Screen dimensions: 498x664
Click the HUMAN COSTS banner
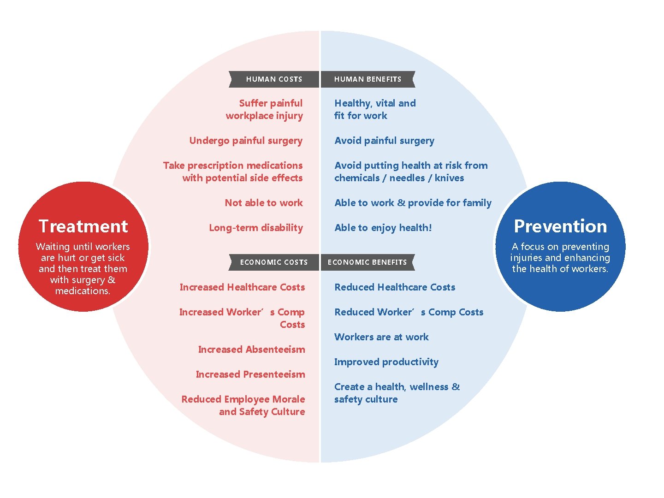[274, 79]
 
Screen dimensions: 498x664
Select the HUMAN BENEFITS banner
[368, 79]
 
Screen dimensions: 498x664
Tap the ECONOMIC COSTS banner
[274, 262]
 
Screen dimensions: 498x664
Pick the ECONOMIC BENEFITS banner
[368, 262]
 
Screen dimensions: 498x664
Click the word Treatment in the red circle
[83, 226]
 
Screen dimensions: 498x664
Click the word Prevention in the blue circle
[560, 226]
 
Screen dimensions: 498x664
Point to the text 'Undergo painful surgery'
[246, 141]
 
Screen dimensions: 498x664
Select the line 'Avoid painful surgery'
[384, 141]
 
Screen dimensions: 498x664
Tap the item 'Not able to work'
[264, 203]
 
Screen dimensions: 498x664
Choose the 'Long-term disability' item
[256, 228]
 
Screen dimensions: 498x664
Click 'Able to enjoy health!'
[383, 228]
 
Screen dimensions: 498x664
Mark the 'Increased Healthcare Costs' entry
[242, 287]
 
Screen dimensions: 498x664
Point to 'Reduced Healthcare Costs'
[395, 287]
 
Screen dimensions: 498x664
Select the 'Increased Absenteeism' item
[251, 350]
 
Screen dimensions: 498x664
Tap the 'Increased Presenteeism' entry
[250, 374]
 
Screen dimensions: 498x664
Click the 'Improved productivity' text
[386, 362]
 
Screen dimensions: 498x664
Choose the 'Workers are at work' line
[381, 337]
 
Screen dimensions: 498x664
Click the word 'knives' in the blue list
[449, 178]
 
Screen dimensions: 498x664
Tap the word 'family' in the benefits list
[477, 203]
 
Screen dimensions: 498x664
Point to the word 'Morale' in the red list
[288, 399]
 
